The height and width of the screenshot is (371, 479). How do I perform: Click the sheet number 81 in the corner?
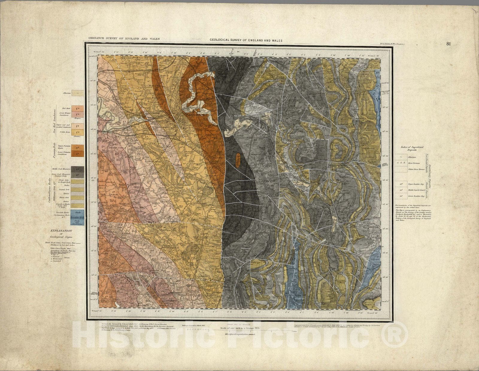[448, 44]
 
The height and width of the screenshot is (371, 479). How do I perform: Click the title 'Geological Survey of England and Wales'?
[246, 40]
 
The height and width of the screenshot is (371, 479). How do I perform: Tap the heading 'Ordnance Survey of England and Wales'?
[124, 39]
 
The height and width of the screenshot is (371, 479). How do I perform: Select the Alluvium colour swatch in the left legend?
[78, 93]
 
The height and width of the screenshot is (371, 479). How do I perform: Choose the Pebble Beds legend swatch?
[78, 132]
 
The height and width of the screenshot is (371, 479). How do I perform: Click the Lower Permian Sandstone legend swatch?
[78, 153]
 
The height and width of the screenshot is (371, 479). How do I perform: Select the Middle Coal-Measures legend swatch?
[78, 169]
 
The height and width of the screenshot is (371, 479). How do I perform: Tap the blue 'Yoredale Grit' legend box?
[78, 218]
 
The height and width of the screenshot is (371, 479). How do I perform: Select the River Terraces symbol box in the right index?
[400, 163]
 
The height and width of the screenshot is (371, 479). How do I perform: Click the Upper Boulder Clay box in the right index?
[400, 184]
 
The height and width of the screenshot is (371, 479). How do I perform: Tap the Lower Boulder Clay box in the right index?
[400, 196]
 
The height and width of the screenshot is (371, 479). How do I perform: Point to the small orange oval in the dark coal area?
[238, 160]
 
